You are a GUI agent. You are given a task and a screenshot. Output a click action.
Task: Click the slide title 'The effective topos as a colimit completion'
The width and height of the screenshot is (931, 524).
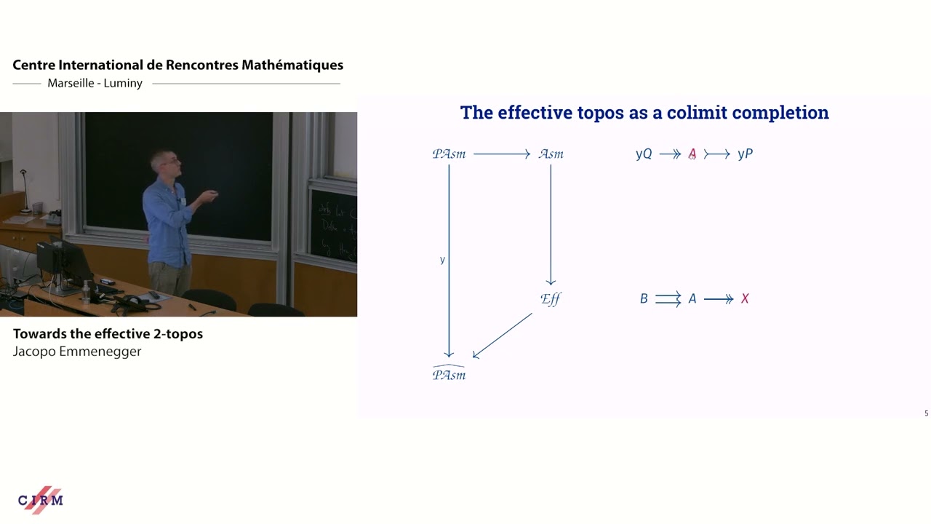click(x=644, y=113)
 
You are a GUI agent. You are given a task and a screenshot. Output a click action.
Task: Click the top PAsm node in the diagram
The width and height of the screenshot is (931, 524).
click(x=449, y=154)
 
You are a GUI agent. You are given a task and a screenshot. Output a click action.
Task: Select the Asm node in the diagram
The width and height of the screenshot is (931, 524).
click(x=551, y=154)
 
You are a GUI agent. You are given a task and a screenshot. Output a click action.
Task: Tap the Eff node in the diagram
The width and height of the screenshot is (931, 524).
click(x=551, y=298)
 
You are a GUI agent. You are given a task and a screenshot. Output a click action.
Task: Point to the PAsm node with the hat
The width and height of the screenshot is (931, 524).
click(x=449, y=374)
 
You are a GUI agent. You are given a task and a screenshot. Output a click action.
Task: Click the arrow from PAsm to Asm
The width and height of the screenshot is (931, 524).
click(x=502, y=154)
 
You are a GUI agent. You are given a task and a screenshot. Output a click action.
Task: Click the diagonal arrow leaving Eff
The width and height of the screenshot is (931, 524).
click(x=503, y=336)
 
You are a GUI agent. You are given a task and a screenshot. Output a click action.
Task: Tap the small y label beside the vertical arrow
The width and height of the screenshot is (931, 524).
click(x=442, y=260)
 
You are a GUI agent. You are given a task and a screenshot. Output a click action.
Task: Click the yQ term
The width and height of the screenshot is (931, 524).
click(x=644, y=154)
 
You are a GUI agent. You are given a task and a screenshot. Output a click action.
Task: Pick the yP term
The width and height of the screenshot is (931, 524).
click(x=745, y=154)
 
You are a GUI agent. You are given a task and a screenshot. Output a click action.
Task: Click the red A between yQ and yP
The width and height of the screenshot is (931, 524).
click(x=692, y=154)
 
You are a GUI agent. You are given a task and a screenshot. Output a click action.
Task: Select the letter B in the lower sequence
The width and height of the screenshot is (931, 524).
click(x=644, y=298)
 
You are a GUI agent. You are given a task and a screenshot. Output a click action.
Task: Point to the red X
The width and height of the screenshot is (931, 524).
click(x=745, y=298)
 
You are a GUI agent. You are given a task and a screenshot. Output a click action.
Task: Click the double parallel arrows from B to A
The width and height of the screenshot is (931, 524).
click(x=668, y=298)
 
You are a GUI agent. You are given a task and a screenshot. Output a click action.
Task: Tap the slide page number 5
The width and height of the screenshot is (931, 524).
click(x=926, y=413)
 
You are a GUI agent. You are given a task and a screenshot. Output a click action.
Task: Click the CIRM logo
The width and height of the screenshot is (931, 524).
click(x=41, y=500)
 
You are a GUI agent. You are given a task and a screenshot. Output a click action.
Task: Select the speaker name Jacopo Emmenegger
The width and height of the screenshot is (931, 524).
click(x=77, y=352)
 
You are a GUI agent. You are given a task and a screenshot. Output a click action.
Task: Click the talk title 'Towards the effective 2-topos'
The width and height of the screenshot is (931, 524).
click(x=108, y=334)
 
